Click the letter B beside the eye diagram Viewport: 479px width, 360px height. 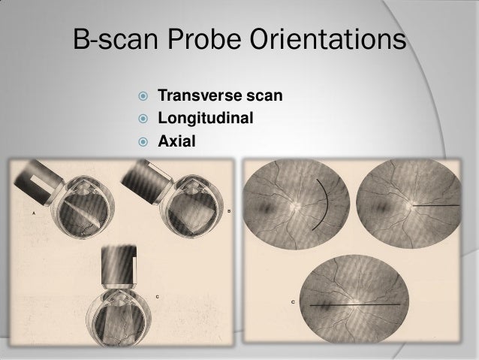pyautogui.click(x=228, y=210)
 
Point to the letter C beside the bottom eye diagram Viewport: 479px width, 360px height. pyautogui.click(x=156, y=295)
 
